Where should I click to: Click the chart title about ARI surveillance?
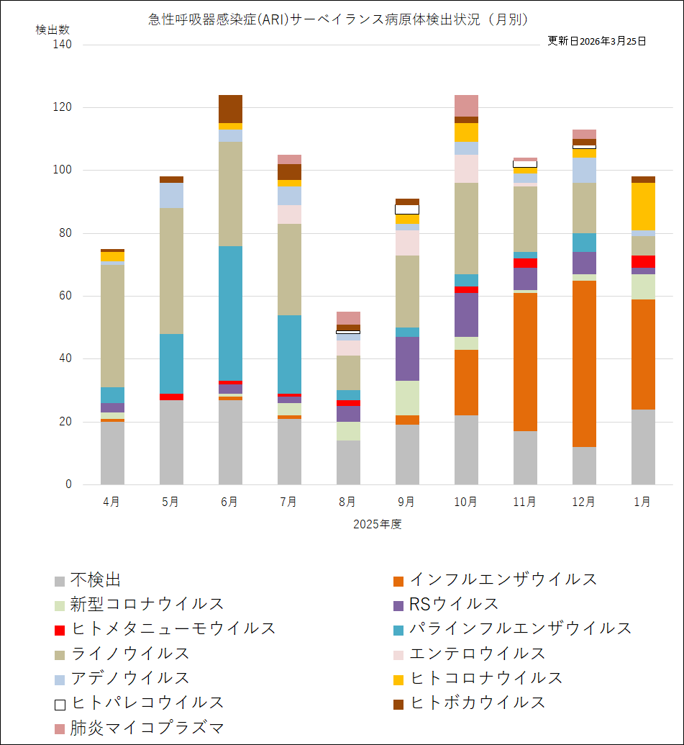[x=338, y=19]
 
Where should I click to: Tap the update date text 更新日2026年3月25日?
[x=596, y=41]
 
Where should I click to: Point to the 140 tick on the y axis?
[x=63, y=45]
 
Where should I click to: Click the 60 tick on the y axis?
[x=66, y=296]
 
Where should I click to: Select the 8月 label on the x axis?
[x=347, y=502]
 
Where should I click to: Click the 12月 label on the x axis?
[x=583, y=502]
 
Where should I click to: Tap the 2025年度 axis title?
[x=377, y=524]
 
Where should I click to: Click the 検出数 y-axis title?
[x=53, y=30]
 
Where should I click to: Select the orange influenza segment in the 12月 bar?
[x=584, y=364]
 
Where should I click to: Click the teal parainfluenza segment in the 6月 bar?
[x=230, y=313]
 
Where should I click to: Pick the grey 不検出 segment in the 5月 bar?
[x=171, y=442]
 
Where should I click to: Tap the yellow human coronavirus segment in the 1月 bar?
[x=643, y=206]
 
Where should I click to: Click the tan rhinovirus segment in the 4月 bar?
[x=112, y=326]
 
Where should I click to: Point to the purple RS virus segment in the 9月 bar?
[x=407, y=358]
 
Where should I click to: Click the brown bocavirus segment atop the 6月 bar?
[x=230, y=109]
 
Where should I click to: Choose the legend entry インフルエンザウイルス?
[x=503, y=579]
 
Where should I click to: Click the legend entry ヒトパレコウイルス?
[x=147, y=703]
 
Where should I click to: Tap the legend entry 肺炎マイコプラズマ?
[x=147, y=727]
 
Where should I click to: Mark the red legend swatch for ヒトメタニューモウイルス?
[x=60, y=630]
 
